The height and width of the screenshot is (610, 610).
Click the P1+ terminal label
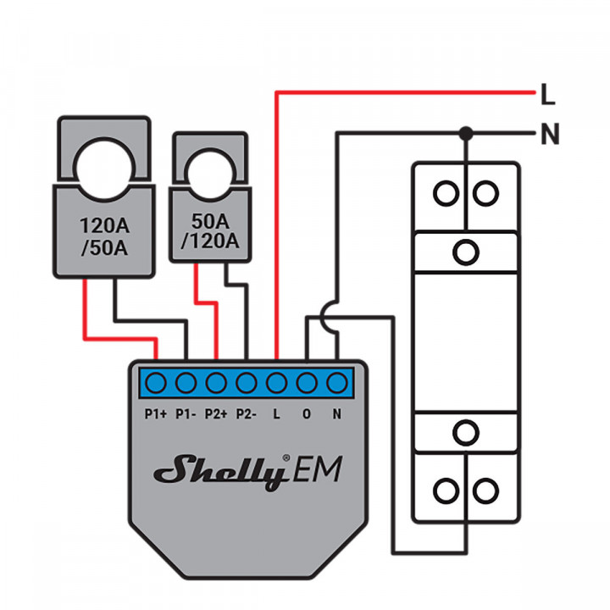[x=155, y=414]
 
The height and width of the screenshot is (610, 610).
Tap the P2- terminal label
[x=247, y=414]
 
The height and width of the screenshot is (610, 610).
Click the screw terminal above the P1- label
[x=186, y=384]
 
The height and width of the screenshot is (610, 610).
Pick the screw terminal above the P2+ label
[x=217, y=384]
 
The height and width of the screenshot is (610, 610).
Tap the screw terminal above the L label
[x=277, y=384]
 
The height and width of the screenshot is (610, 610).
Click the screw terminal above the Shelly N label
[x=338, y=384]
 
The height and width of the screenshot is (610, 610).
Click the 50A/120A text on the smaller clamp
[x=210, y=231]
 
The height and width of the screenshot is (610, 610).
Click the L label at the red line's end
[x=547, y=96]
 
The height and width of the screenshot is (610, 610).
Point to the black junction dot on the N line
[x=465, y=133]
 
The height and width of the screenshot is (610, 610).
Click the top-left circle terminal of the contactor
[x=445, y=193]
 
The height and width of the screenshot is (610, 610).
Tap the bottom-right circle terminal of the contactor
[x=485, y=491]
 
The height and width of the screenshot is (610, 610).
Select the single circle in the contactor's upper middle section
[x=464, y=252]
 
